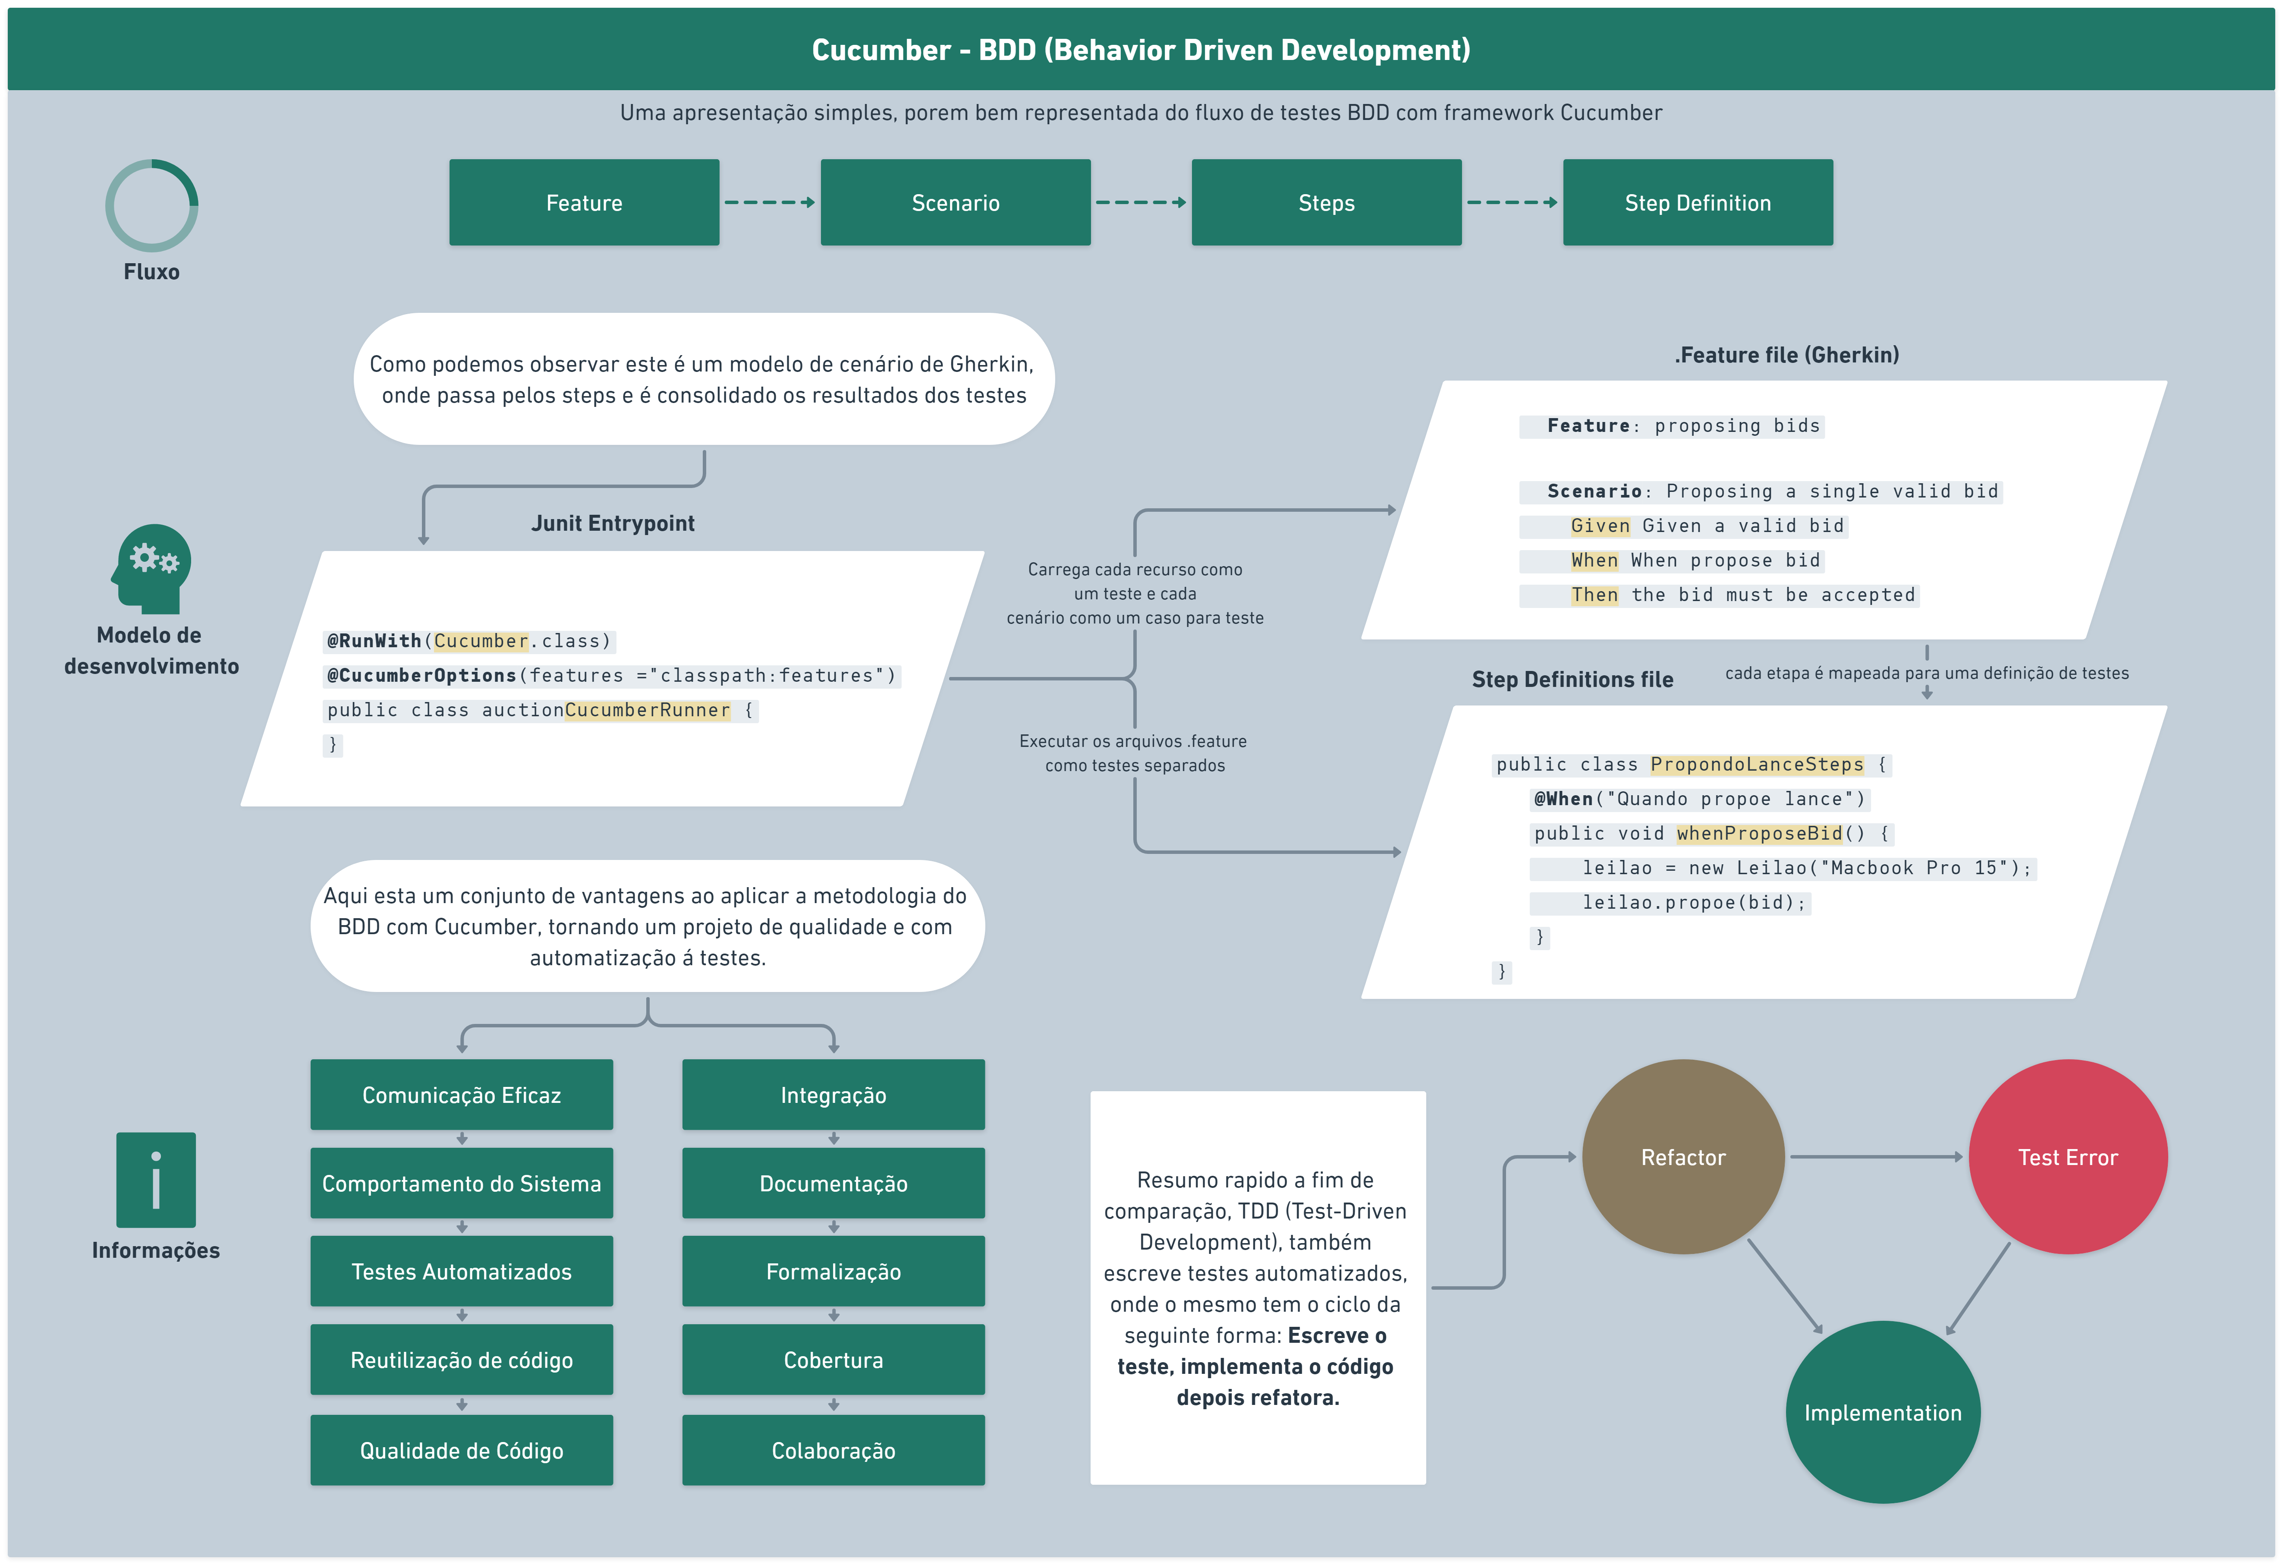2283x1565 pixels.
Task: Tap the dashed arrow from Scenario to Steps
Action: coord(1139,202)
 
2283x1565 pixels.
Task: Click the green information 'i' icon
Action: coord(155,1179)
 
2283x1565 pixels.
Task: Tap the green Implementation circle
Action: coord(1882,1412)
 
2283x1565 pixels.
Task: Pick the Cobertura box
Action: coord(833,1360)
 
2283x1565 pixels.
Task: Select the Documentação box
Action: coord(833,1183)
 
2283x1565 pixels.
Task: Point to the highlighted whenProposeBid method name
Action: coord(1758,833)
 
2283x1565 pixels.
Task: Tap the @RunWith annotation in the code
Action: coord(373,640)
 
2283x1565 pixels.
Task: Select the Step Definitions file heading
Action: coord(1572,679)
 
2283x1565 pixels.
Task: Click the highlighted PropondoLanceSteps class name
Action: coord(1756,764)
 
